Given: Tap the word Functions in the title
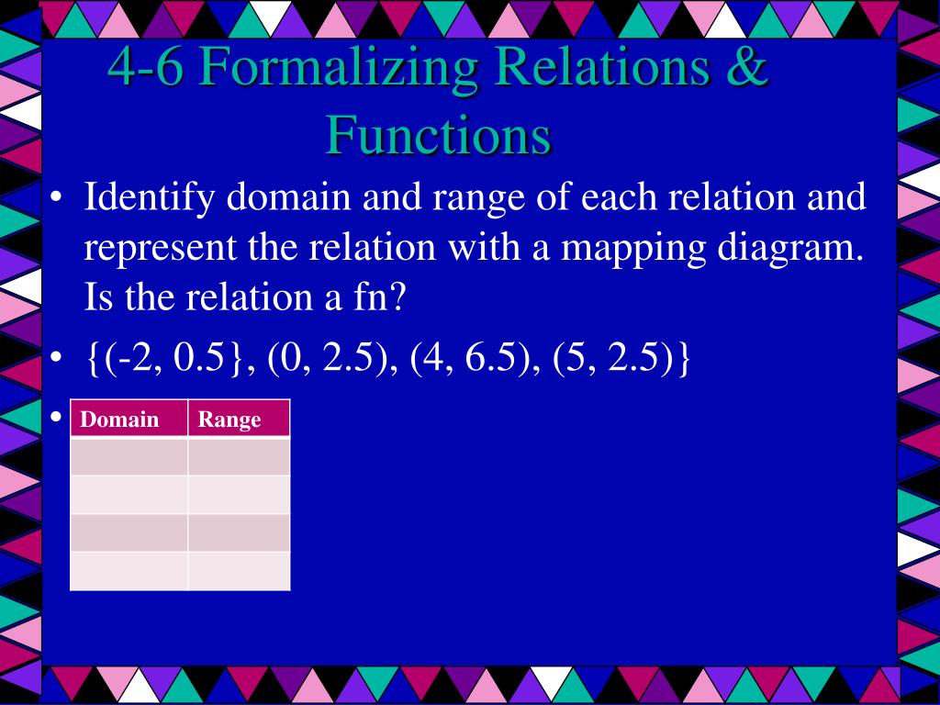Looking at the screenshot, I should (438, 135).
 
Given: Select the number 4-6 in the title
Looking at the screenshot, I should (146, 68).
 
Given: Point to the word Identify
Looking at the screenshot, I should (149, 198).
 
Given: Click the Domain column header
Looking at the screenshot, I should (119, 420).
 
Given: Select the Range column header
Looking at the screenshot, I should (229, 420).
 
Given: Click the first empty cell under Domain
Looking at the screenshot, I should (129, 456).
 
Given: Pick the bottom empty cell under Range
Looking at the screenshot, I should (239, 571).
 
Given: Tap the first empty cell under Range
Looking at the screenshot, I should (239, 456).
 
